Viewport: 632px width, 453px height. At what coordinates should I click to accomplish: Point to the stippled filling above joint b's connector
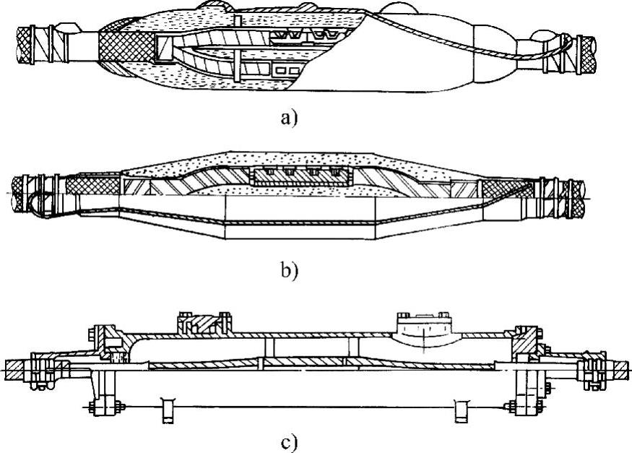click(289, 159)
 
